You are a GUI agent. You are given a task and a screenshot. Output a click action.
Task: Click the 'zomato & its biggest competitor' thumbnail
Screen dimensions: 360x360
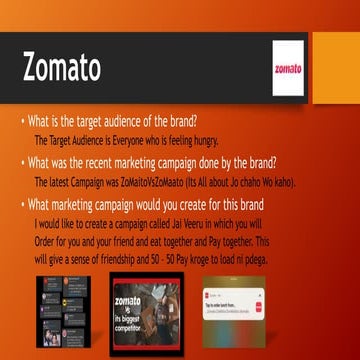point(145,309)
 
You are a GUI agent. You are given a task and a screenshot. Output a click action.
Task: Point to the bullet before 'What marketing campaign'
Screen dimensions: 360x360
point(23,206)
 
